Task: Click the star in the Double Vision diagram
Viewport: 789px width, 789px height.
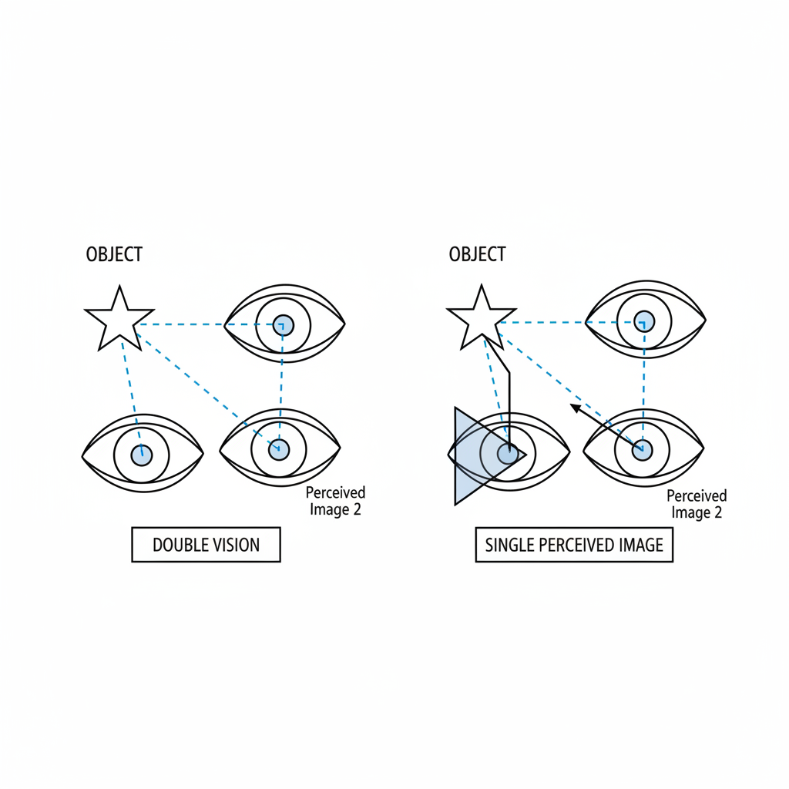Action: coord(119,318)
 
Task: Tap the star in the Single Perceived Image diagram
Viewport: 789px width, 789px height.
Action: coord(482,318)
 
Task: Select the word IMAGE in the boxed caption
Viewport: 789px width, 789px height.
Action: coord(641,546)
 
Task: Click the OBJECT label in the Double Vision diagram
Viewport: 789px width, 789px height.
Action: coord(114,255)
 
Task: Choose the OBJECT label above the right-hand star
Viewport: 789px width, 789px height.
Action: coord(477,253)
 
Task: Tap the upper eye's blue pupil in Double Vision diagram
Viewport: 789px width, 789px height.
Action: coord(283,325)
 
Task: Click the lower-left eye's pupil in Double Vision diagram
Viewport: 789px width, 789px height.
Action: coord(140,455)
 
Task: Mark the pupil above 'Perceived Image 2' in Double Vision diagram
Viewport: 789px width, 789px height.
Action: coord(279,449)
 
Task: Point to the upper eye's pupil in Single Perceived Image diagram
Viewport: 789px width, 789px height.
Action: coord(644,321)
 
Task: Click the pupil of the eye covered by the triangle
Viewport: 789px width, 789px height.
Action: coord(507,454)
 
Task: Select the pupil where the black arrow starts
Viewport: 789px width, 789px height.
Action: coord(643,449)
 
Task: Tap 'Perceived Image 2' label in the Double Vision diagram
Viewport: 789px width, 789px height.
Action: coord(335,501)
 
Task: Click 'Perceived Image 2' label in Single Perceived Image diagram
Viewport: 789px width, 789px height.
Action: coord(697,504)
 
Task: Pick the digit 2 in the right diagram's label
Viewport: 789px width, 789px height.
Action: coord(717,512)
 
